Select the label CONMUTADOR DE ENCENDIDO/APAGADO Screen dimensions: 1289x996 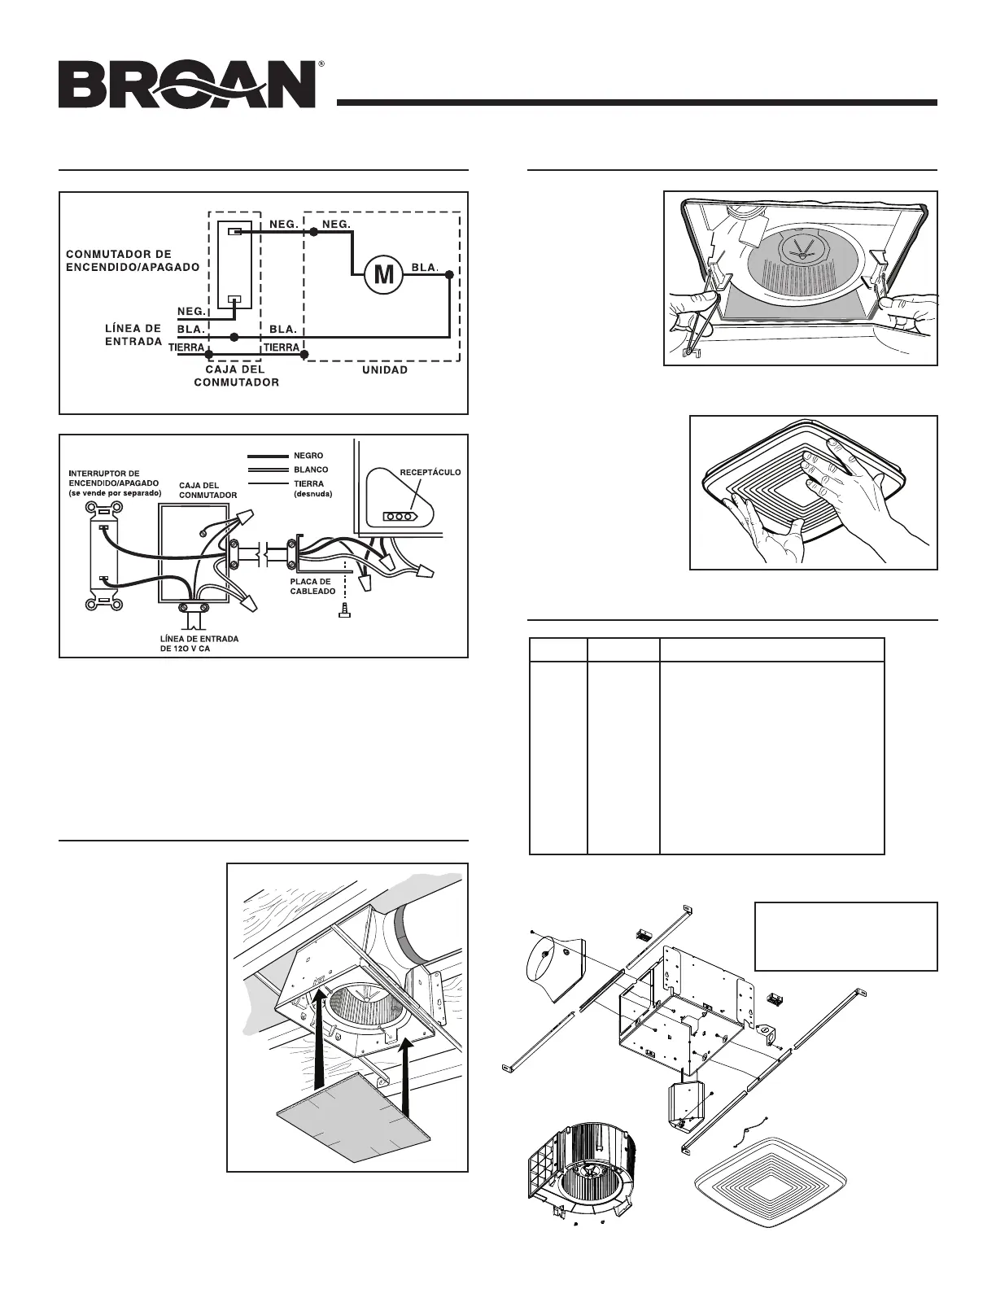click(133, 260)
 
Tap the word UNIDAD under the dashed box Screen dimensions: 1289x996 click(383, 369)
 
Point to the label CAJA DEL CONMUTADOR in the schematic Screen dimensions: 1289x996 click(236, 375)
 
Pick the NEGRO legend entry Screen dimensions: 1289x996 click(308, 456)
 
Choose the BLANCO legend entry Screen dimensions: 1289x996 click(311, 470)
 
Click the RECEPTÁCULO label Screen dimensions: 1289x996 click(430, 471)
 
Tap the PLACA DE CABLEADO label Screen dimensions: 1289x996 click(311, 586)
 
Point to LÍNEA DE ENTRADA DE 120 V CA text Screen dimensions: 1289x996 click(199, 644)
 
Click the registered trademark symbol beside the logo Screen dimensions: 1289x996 click(322, 63)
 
